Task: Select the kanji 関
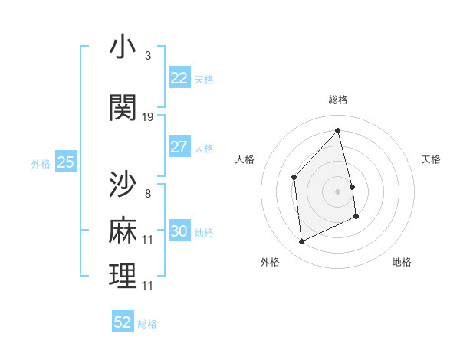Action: pyautogui.click(x=123, y=107)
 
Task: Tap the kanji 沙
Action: pyautogui.click(x=123, y=185)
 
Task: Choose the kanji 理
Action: pyautogui.click(x=123, y=276)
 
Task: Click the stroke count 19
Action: pyautogui.click(x=148, y=116)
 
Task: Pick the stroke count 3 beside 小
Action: pyautogui.click(x=147, y=56)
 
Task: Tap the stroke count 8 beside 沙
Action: pyautogui.click(x=147, y=194)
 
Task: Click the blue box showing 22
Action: pyautogui.click(x=179, y=78)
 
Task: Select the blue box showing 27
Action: pyautogui.click(x=179, y=147)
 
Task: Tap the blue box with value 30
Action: pyautogui.click(x=179, y=231)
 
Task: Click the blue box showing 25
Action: pyautogui.click(x=65, y=162)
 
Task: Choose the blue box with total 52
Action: pyautogui.click(x=123, y=322)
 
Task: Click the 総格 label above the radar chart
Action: pyautogui.click(x=338, y=100)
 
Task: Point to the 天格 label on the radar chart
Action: pyautogui.click(x=431, y=159)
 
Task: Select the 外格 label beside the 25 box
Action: pyautogui.click(x=40, y=163)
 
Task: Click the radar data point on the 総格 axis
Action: pyautogui.click(x=337, y=130)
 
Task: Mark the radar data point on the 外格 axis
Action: pyautogui.click(x=301, y=242)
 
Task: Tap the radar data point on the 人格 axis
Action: pyautogui.click(x=294, y=178)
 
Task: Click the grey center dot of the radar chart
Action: pyautogui.click(x=337, y=191)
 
